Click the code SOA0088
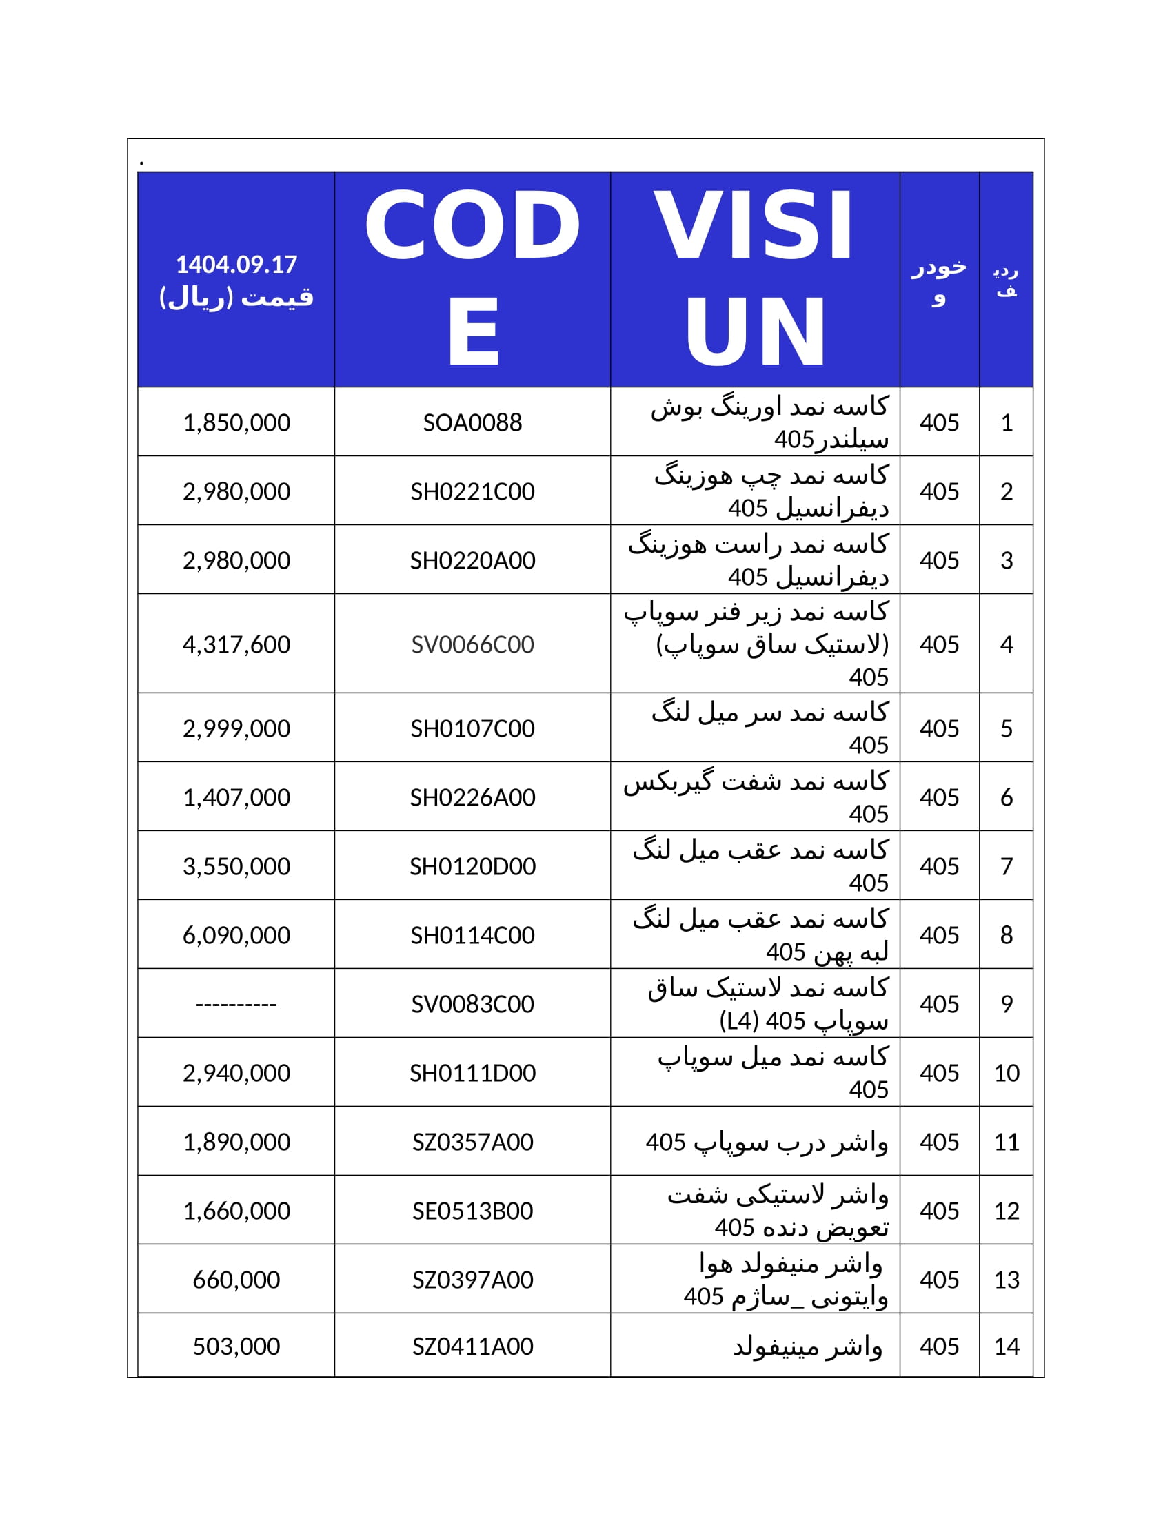point(472,422)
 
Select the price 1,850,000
point(236,422)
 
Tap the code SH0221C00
point(472,491)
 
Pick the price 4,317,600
point(236,644)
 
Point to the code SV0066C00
point(472,644)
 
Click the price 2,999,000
point(236,728)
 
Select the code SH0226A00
point(472,797)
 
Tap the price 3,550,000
point(236,866)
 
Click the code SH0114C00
point(472,935)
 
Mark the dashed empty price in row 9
point(236,1004)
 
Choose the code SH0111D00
point(472,1073)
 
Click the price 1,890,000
point(236,1142)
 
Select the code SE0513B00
point(472,1211)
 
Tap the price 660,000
point(236,1280)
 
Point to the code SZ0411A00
point(472,1346)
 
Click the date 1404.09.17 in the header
point(236,265)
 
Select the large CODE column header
point(472,278)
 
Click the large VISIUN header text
point(755,278)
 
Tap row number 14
point(1006,1346)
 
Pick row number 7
point(1006,866)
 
